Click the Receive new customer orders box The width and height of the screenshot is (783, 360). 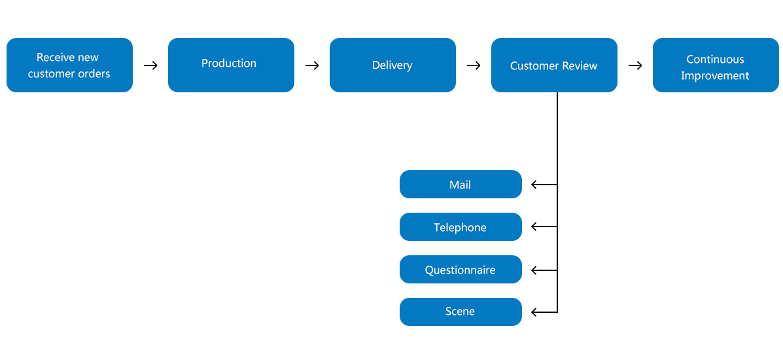coord(69,65)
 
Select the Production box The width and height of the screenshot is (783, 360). coord(231,65)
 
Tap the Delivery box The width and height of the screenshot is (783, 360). coord(392,65)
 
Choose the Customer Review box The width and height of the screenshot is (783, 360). coord(554,65)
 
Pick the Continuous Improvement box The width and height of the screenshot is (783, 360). coord(716,65)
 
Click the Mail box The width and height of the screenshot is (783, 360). coord(461,185)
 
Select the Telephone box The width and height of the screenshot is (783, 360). coord(461,227)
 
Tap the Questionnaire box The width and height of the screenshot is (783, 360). coord(461,270)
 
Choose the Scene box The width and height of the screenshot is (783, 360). coord(461,312)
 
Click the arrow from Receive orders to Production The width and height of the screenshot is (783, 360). coord(150,65)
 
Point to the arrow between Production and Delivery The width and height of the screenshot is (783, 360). coord(312,65)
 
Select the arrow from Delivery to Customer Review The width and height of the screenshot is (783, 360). coord(474,65)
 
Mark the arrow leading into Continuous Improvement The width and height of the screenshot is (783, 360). coord(635,65)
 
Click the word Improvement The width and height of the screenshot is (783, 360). coord(715,76)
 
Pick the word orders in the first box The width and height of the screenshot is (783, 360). coord(96,74)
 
